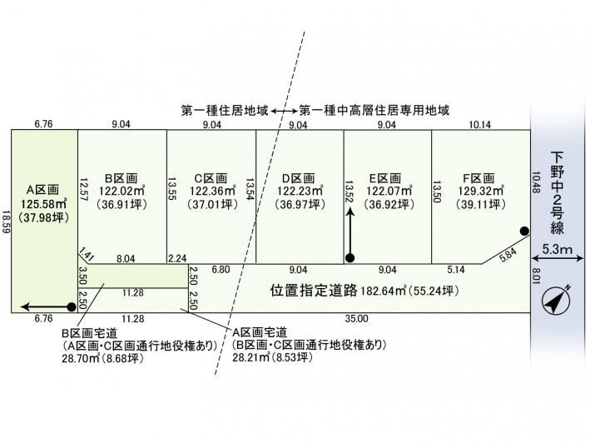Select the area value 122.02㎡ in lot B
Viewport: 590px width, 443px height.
(x=121, y=190)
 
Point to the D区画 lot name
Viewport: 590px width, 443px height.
(x=297, y=177)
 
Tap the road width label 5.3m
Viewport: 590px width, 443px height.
(x=558, y=249)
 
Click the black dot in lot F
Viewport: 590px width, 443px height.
(x=524, y=231)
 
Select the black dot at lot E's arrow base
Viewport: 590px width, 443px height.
(x=350, y=257)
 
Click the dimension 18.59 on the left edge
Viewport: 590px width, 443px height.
(x=6, y=221)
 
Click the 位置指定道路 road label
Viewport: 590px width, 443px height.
(x=314, y=291)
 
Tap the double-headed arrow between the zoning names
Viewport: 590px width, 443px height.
(x=284, y=110)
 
